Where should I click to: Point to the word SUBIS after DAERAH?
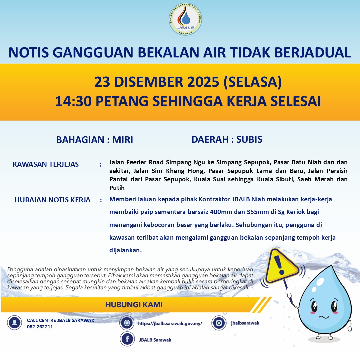(249, 139)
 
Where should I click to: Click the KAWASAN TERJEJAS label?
(46, 164)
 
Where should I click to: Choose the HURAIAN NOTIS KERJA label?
(53, 200)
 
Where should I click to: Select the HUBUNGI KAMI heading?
(134, 305)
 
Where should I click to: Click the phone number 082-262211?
(40, 327)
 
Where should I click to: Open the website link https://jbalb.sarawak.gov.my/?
(170, 323)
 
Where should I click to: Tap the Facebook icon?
(127, 340)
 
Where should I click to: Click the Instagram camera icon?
(219, 323)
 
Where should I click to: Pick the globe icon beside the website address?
(127, 323)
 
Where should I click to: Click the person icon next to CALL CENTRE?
(14, 323)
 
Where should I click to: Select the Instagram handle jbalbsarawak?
(245, 323)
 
